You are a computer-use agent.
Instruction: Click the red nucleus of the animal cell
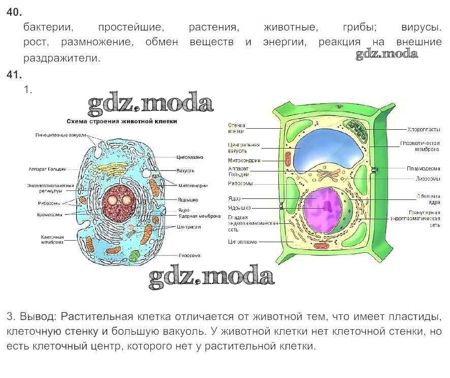pos(118,201)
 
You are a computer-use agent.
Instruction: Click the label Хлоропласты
pos(424,129)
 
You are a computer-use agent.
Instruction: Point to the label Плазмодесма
pos(423,168)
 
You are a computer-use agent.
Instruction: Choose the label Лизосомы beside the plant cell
pos(427,179)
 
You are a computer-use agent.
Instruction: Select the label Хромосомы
pos(49,215)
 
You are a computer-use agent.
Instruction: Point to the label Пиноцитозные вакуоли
pos(60,135)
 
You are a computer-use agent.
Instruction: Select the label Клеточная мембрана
pos(52,240)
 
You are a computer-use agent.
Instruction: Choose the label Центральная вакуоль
pos(244,148)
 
